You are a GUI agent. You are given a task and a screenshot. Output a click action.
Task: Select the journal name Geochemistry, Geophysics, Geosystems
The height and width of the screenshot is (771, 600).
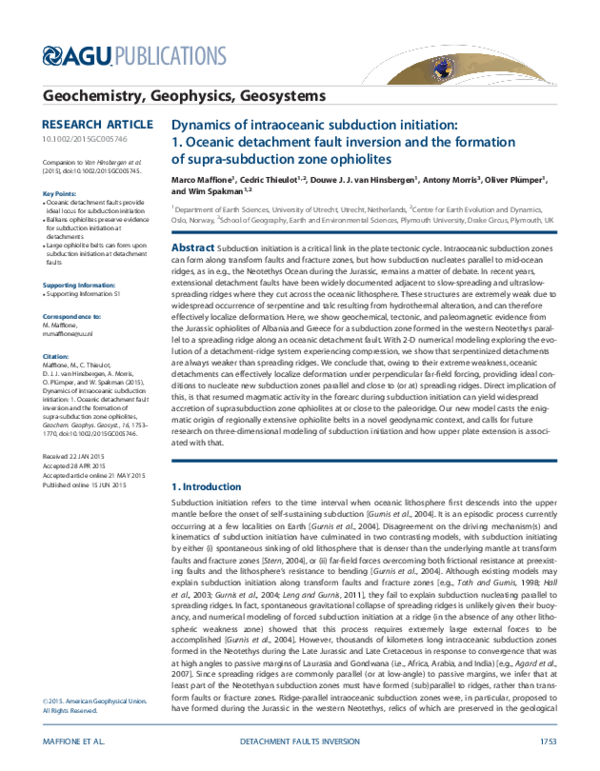point(184,97)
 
